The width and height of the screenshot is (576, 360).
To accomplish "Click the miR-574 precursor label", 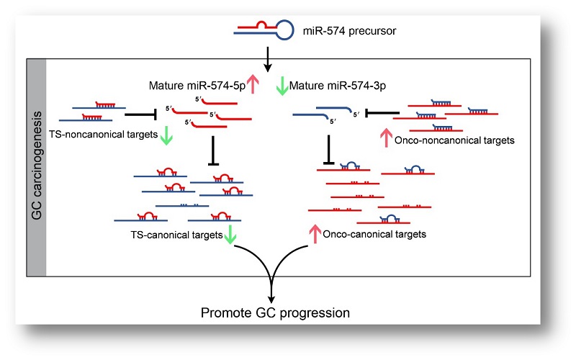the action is [x=349, y=31].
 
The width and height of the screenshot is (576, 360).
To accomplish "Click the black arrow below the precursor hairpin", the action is [x=268, y=59].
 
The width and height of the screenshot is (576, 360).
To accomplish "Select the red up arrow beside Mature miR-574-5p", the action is [x=253, y=84].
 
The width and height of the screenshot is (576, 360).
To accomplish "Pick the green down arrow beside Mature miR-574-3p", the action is [x=282, y=86].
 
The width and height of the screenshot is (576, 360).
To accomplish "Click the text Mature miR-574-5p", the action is [x=197, y=86].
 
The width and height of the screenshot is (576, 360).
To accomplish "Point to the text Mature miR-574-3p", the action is [x=337, y=86].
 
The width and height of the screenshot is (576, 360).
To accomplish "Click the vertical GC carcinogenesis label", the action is [x=37, y=166].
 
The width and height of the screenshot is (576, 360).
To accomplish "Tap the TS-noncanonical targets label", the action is [x=103, y=135].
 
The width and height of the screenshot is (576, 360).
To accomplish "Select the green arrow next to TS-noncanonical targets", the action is [x=166, y=135].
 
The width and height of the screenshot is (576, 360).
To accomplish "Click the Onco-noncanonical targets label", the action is [x=454, y=140].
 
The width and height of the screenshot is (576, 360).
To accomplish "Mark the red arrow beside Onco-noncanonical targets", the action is [x=386, y=138].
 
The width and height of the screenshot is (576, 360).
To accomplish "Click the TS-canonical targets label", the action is [x=176, y=235].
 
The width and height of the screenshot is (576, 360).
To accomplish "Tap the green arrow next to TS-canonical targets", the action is [x=230, y=235].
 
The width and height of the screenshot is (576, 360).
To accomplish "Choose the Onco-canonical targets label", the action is [x=374, y=235].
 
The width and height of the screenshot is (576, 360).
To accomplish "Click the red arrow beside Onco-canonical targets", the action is [x=315, y=234].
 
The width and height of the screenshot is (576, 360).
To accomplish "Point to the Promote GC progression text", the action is [x=275, y=313].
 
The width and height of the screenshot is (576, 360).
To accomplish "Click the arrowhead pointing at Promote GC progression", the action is [x=271, y=298].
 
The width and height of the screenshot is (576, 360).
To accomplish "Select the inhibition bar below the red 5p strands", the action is [x=213, y=150].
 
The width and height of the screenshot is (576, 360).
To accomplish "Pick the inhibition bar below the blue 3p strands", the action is [x=329, y=150].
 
